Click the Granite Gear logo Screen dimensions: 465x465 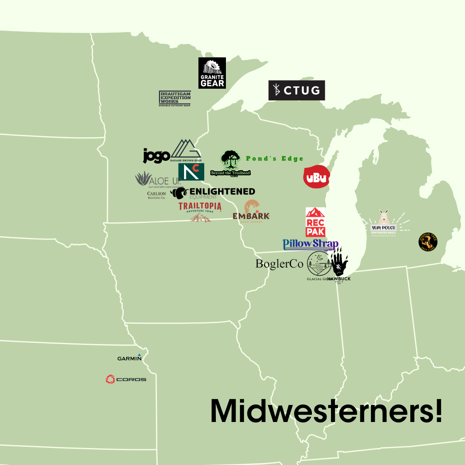[212, 73]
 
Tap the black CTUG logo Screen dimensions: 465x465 [296, 90]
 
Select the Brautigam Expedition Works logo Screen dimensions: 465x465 [175, 99]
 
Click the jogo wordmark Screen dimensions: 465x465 [157, 156]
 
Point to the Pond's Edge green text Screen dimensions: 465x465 [274, 158]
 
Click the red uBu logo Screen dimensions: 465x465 [316, 177]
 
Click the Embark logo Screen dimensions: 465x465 [251, 213]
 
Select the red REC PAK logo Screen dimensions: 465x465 [315, 222]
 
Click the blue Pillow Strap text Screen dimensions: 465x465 [310, 244]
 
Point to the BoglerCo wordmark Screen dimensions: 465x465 [279, 264]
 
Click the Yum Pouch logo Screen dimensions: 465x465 [384, 225]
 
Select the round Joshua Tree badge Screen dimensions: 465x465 [428, 242]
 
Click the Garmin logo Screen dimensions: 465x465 [129, 358]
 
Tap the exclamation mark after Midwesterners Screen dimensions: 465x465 [438, 411]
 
